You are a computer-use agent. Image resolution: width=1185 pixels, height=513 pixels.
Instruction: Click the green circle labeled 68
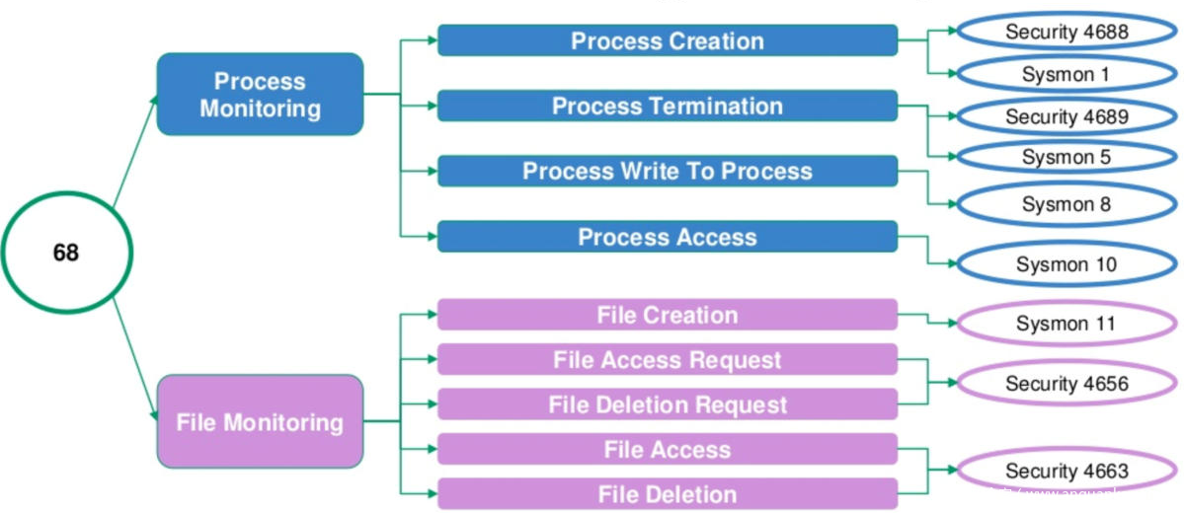click(66, 253)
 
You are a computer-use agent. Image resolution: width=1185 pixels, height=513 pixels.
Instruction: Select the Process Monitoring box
click(260, 94)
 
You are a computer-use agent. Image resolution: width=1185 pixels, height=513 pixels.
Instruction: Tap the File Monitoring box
click(260, 422)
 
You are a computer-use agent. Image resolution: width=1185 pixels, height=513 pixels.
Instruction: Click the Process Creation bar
click(668, 40)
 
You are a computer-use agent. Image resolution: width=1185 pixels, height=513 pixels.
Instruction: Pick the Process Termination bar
click(668, 106)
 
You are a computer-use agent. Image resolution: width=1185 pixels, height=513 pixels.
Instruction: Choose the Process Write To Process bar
click(668, 171)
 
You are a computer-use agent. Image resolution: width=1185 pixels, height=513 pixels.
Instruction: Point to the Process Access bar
click(668, 237)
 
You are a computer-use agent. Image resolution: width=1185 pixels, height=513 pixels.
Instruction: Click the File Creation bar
click(668, 315)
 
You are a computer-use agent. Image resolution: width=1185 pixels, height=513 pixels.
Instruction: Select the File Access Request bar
click(668, 360)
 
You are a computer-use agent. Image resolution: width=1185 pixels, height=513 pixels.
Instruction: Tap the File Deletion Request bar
click(668, 404)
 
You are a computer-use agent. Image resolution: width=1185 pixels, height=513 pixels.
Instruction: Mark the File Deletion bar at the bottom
click(668, 494)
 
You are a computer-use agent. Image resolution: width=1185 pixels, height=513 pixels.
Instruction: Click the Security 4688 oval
click(1066, 32)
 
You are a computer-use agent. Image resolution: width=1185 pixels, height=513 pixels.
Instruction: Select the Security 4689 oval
click(1066, 116)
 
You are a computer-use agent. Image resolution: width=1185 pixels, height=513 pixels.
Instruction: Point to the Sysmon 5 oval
click(1066, 157)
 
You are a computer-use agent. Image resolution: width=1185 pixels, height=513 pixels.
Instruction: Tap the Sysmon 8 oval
click(1066, 204)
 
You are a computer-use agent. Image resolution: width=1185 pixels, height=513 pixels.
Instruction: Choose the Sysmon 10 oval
click(1066, 264)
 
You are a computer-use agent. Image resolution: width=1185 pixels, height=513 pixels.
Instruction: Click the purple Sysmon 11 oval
click(1066, 324)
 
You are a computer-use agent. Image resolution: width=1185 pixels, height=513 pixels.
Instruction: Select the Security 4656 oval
click(1066, 383)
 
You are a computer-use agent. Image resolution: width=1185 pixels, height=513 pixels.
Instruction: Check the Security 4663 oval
click(1066, 471)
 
